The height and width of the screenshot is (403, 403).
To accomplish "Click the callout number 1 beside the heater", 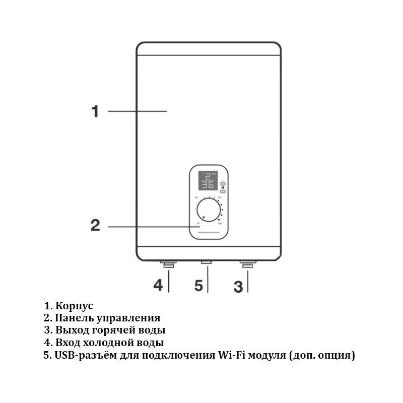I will coord(95,111).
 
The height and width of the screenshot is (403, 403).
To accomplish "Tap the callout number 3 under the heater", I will coord(238,287).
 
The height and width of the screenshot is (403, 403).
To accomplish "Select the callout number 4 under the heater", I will coord(158,285).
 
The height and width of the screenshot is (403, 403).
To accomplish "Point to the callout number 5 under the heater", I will coord(198,286).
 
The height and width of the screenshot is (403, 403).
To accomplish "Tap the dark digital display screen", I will coord(208,180).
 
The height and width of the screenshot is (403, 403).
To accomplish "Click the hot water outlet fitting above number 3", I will coord(248,263).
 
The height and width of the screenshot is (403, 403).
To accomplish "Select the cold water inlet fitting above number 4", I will coord(168,263).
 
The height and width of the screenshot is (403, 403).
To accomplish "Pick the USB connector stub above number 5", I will coord(206,262).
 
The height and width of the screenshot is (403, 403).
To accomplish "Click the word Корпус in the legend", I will coord(75,306).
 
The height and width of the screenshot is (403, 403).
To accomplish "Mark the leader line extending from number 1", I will coord(137,111).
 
